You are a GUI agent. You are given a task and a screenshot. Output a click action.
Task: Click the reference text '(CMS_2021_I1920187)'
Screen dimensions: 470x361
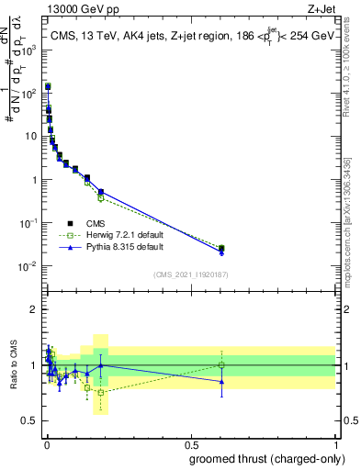coord(190,274)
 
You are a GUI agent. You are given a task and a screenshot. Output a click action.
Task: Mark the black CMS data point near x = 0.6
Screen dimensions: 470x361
coord(221,248)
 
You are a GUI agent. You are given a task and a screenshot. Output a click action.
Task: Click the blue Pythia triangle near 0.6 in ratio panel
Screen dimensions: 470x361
coord(221,382)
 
